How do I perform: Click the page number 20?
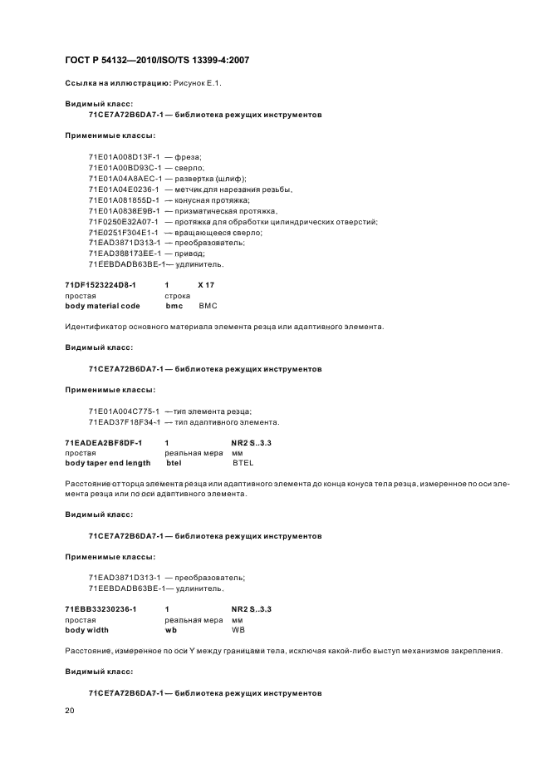70,711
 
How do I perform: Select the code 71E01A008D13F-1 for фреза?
124,156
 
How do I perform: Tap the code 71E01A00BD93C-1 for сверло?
124,167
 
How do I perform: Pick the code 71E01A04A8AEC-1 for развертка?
124,178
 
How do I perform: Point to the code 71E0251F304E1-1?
123,232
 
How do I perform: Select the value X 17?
207,284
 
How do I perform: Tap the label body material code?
102,306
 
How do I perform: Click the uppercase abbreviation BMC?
208,306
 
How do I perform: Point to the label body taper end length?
108,463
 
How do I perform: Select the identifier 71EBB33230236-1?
100,609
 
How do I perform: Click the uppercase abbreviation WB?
238,630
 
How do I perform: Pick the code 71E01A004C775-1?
123,411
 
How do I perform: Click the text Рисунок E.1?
198,84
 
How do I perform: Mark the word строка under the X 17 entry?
178,295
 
